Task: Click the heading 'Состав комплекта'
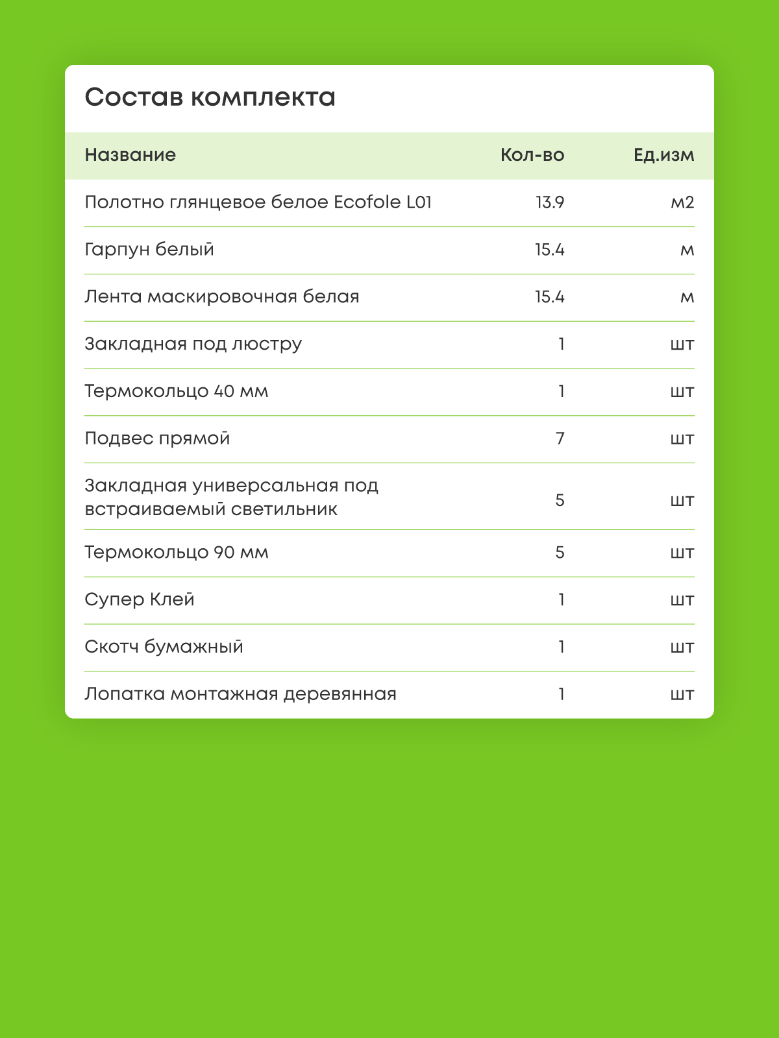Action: click(x=210, y=98)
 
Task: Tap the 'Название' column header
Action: click(x=130, y=155)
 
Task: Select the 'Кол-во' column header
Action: click(x=532, y=155)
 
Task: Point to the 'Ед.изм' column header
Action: click(x=663, y=155)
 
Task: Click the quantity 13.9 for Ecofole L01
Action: click(x=549, y=202)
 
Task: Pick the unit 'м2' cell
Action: click(x=682, y=202)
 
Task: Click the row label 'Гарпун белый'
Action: click(x=149, y=250)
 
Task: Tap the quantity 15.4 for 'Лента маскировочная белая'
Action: click(x=549, y=297)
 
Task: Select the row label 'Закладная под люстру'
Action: click(x=193, y=344)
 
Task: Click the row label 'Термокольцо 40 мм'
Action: click(x=176, y=391)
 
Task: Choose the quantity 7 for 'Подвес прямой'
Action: click(x=560, y=439)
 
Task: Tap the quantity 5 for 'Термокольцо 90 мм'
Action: click(x=560, y=553)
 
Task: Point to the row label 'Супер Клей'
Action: click(x=140, y=599)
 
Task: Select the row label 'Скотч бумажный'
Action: click(x=164, y=647)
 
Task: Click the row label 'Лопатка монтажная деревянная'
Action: click(x=240, y=694)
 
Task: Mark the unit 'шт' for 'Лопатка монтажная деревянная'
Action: click(x=682, y=695)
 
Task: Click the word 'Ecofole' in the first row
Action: click(x=367, y=202)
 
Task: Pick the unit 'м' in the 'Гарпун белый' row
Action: click(x=687, y=250)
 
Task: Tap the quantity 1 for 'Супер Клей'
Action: click(x=562, y=599)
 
